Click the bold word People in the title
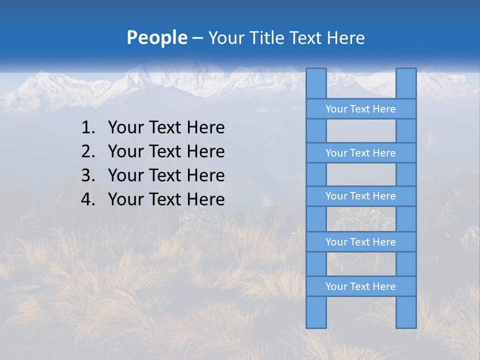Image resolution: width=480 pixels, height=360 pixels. (156, 37)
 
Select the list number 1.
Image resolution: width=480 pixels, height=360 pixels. (87, 127)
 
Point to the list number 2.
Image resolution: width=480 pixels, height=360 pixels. (87, 151)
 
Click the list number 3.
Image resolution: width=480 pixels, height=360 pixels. (87, 175)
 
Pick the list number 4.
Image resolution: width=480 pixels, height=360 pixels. (87, 199)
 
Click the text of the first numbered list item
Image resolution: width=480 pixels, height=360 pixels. (166, 127)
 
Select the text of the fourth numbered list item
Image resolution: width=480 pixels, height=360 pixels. (166, 199)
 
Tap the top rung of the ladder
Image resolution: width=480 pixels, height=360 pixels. (360, 109)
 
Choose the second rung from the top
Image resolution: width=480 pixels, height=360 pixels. (360, 153)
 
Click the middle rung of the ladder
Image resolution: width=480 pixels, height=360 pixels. (360, 196)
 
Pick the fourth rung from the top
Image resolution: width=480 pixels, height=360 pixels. (360, 242)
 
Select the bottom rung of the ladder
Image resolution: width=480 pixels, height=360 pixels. (360, 286)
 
